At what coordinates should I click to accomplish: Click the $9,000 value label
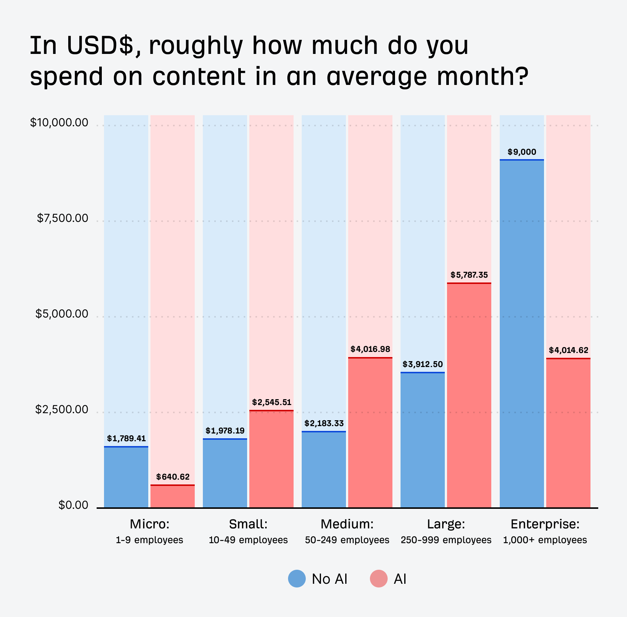pyautogui.click(x=522, y=152)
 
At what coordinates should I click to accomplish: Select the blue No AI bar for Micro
pyautogui.click(x=126, y=477)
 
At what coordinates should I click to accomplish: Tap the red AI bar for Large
pyautogui.click(x=469, y=395)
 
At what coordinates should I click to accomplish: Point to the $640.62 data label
pyautogui.click(x=173, y=477)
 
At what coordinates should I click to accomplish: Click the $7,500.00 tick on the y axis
pyautogui.click(x=63, y=219)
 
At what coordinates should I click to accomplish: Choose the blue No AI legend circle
pyautogui.click(x=297, y=579)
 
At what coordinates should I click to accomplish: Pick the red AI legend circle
pyautogui.click(x=379, y=579)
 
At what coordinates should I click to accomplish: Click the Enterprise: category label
pyautogui.click(x=545, y=524)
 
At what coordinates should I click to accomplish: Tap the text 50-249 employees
pyautogui.click(x=347, y=540)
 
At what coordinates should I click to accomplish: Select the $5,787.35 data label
pyautogui.click(x=469, y=275)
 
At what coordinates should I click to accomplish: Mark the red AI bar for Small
pyautogui.click(x=271, y=459)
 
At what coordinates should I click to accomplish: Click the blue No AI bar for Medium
pyautogui.click(x=324, y=470)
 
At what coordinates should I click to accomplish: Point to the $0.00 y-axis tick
pyautogui.click(x=73, y=505)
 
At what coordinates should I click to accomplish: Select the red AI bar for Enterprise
pyautogui.click(x=568, y=433)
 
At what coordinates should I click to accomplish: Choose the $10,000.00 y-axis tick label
pyautogui.click(x=59, y=123)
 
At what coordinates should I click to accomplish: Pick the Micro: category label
pyautogui.click(x=149, y=524)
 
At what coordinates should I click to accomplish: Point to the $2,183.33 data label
pyautogui.click(x=324, y=424)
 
